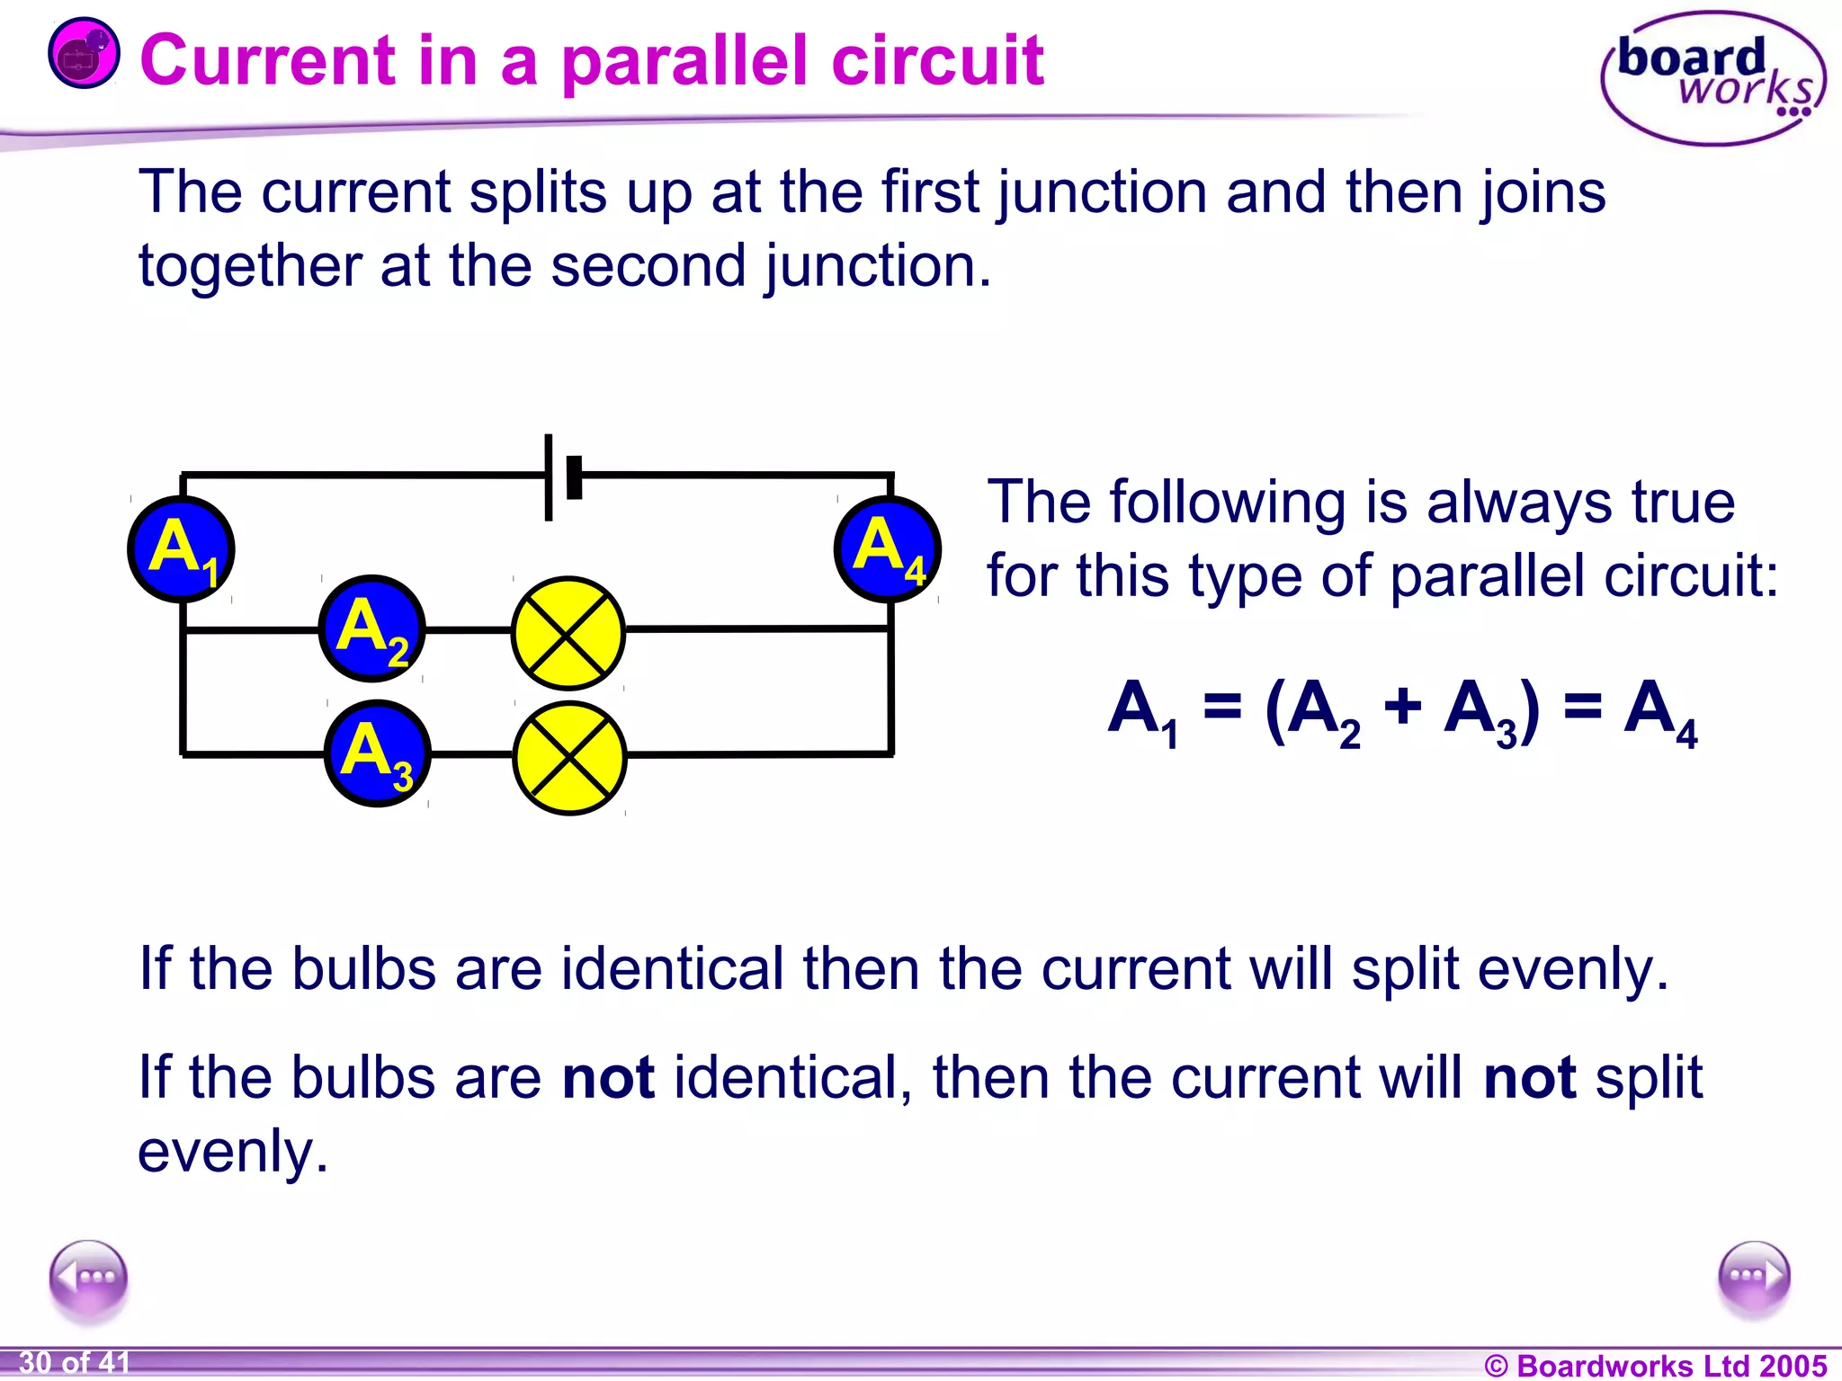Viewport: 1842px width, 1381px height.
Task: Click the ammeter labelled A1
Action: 181,548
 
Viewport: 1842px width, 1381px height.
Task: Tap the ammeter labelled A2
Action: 371,628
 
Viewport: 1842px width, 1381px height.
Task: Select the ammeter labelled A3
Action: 377,753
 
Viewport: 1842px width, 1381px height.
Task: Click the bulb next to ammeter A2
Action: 568,633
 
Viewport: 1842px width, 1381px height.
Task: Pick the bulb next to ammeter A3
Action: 569,757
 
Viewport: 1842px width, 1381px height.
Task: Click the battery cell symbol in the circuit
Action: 562,477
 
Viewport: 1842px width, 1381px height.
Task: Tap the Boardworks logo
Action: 1712,79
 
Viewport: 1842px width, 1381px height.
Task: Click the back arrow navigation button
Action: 88,1278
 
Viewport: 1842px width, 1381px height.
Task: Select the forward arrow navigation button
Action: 1754,1277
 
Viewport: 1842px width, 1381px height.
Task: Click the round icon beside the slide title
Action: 84,53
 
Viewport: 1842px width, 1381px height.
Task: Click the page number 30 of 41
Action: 75,1363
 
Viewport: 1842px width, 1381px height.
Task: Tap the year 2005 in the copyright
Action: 1793,1365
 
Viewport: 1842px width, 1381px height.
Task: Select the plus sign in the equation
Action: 1402,707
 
